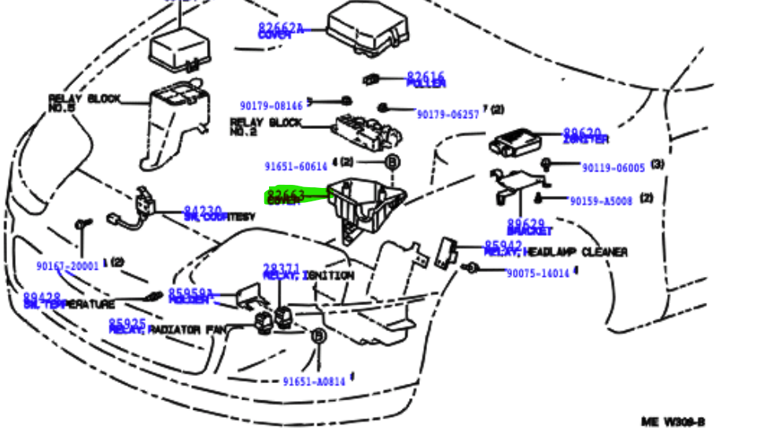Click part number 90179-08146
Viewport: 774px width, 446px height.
[x=271, y=105]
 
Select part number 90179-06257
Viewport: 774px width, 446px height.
[x=448, y=115]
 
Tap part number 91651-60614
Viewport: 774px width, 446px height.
[x=295, y=167]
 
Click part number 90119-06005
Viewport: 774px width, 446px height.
[x=613, y=168]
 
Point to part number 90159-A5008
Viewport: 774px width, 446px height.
[x=601, y=201]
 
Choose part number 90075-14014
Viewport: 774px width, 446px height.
[x=537, y=274]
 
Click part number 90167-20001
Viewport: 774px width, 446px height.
[x=68, y=266]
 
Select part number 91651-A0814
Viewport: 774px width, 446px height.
[x=313, y=381]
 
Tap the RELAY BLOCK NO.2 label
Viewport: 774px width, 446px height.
[x=265, y=127]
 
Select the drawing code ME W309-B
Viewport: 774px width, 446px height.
[x=673, y=422]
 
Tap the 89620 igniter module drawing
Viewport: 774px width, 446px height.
[x=516, y=142]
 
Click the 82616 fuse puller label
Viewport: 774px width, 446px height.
[x=426, y=79]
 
